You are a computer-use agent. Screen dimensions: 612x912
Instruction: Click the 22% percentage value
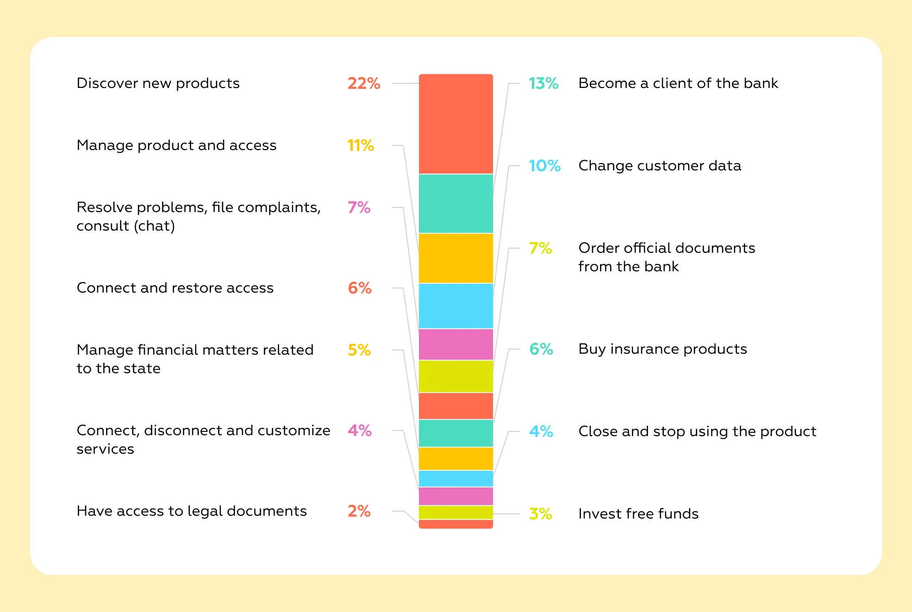pos(364,83)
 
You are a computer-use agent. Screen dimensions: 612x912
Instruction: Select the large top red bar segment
pos(456,124)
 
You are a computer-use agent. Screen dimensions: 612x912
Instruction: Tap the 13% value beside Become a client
pos(543,83)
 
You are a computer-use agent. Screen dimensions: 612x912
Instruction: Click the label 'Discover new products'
pos(158,83)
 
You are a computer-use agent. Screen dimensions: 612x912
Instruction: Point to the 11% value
pos(361,145)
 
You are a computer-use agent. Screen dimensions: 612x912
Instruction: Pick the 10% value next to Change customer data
pos(544,166)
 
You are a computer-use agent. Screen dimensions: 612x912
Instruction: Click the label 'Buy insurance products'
pos(662,349)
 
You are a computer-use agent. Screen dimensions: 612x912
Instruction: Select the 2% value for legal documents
pos(359,511)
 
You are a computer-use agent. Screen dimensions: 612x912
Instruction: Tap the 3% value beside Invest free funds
pos(540,514)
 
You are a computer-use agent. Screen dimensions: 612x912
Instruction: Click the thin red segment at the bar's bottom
pos(456,524)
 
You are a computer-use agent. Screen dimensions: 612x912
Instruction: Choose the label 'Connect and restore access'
pos(175,288)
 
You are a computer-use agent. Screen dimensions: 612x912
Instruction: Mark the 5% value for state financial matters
pos(359,350)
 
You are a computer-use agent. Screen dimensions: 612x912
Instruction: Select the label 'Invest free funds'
pos(638,514)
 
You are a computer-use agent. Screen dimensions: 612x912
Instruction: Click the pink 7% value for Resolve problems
pos(359,207)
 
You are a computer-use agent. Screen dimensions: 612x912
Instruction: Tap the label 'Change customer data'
pos(660,166)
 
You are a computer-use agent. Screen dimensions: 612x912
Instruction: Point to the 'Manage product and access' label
pos(176,145)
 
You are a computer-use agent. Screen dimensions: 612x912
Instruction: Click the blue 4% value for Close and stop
pos(541,431)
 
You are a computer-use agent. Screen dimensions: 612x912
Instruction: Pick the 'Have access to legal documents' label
pos(192,511)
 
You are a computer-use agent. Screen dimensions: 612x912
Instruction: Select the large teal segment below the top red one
pos(456,204)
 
